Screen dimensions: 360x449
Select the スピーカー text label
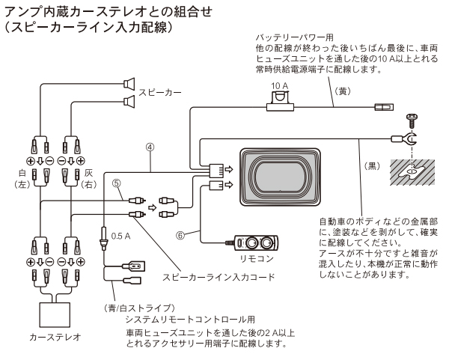click(159, 93)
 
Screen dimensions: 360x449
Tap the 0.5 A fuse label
click(121, 236)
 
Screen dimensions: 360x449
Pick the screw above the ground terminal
click(412, 119)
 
